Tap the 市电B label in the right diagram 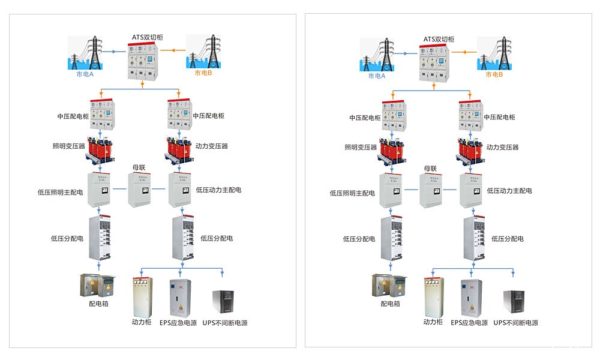[x=493, y=75]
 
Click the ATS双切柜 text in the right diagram [x=439, y=39]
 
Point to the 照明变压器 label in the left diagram [x=68, y=146]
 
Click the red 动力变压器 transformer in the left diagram [x=179, y=150]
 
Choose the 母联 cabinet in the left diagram [x=139, y=190]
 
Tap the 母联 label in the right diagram [x=431, y=169]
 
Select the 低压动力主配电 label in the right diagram [x=509, y=191]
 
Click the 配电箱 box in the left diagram [x=97, y=286]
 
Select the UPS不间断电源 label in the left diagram [x=225, y=323]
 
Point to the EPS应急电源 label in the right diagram [x=469, y=323]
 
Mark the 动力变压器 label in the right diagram [x=503, y=147]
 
